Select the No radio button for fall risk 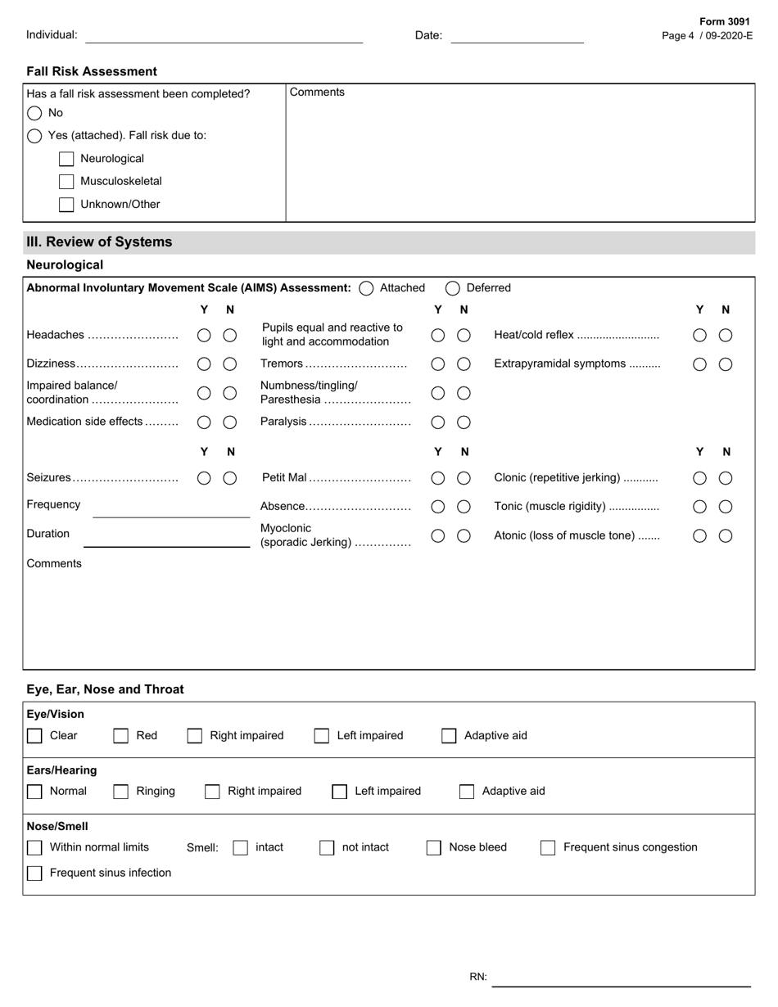click(x=34, y=113)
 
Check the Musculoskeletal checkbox click(x=66, y=182)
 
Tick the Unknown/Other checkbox click(x=66, y=205)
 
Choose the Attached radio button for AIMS click(x=366, y=288)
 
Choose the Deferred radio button click(x=453, y=288)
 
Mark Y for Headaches click(x=204, y=336)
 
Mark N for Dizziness click(x=230, y=364)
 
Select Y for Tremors click(x=438, y=364)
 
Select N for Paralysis click(x=464, y=422)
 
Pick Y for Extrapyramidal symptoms click(x=699, y=364)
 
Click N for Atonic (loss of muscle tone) click(x=726, y=536)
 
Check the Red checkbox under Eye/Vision click(x=120, y=736)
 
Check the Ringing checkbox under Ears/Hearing click(x=120, y=792)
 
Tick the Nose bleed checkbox click(x=433, y=848)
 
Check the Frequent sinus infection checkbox click(x=34, y=874)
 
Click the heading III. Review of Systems click(x=99, y=242)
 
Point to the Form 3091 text click(x=724, y=22)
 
